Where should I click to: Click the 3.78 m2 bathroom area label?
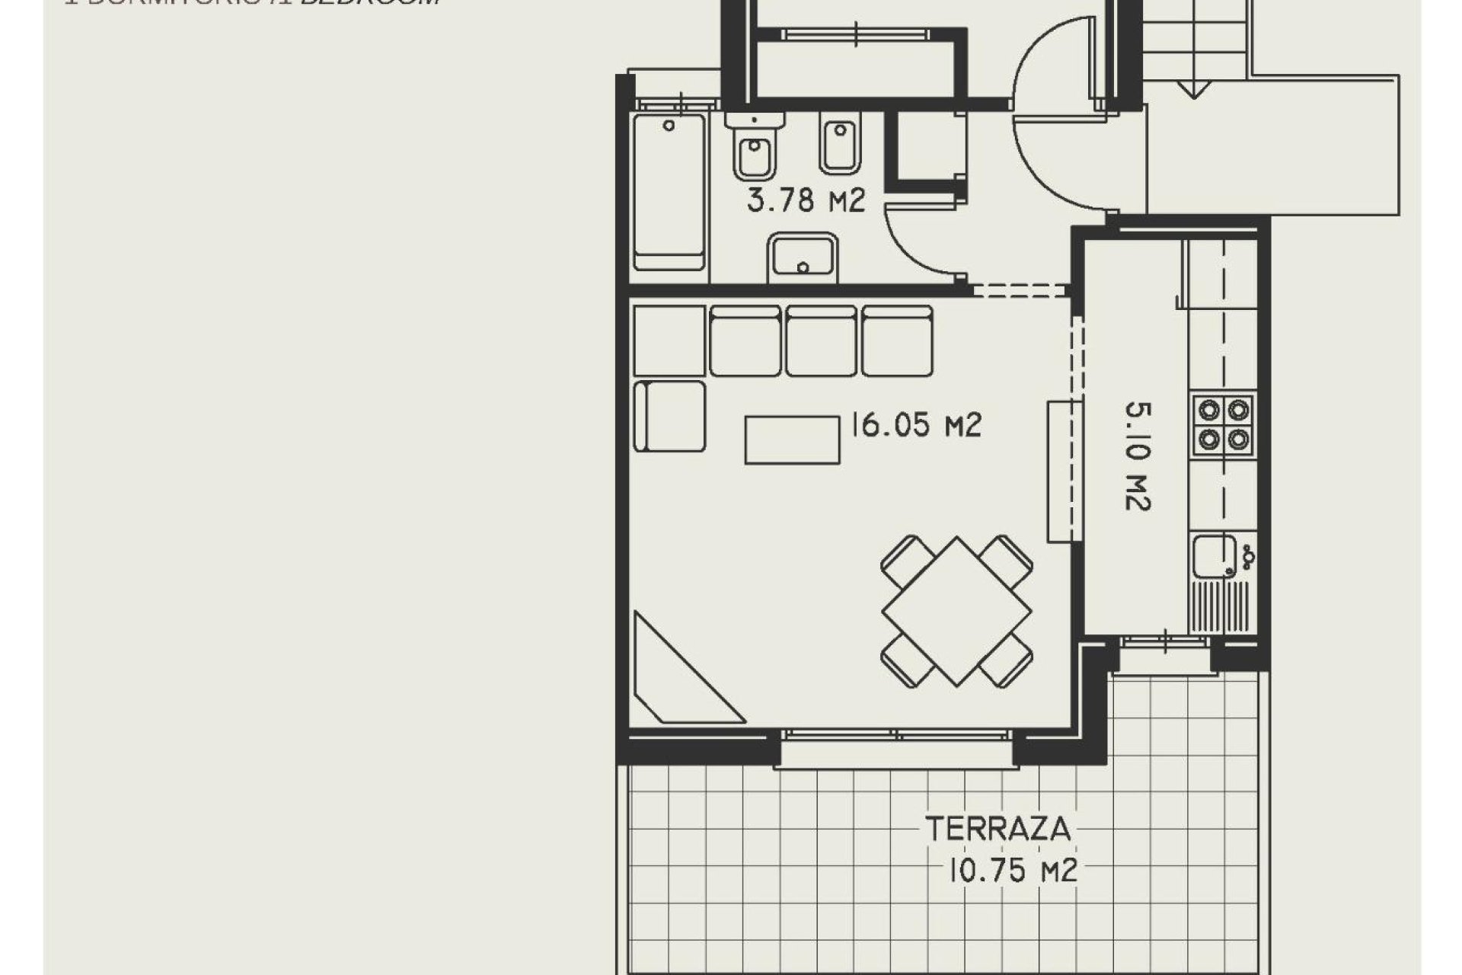tap(806, 201)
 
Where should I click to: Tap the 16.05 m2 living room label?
tap(915, 425)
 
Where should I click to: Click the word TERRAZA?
tap(998, 829)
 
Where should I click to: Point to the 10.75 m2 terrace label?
tap(1013, 870)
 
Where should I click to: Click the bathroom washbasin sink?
tap(803, 257)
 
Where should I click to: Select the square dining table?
tap(957, 611)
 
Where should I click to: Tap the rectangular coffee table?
tap(792, 439)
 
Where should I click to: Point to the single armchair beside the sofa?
tap(669, 416)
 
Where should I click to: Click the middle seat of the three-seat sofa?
tap(822, 340)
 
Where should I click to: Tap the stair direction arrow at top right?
tap(1194, 88)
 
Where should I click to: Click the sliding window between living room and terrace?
tap(896, 736)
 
